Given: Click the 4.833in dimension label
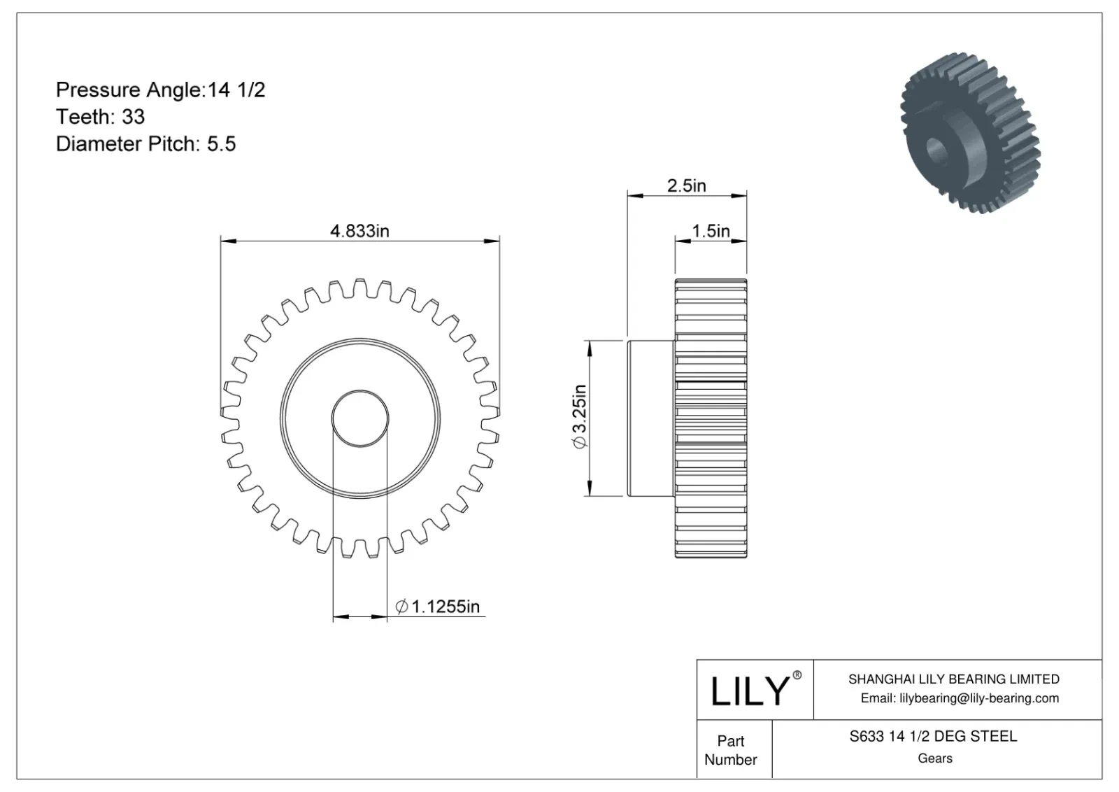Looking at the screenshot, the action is [x=359, y=231].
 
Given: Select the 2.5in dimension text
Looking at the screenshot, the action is [x=686, y=186].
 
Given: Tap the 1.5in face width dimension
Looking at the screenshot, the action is [x=711, y=231].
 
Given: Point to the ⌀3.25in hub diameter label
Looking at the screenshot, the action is [x=580, y=417].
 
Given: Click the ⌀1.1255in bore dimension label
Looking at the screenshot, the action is [x=437, y=607].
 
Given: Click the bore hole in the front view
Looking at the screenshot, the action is [x=360, y=418].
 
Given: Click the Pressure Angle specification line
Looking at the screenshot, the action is [x=160, y=90].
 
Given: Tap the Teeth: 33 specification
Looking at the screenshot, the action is [x=101, y=117].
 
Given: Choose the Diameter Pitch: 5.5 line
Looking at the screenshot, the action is [x=146, y=144].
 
